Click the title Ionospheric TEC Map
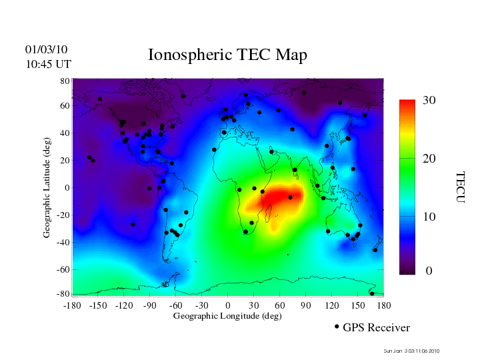click(x=227, y=55)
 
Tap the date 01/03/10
click(x=46, y=49)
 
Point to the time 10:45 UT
click(x=47, y=64)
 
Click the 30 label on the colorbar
click(x=429, y=100)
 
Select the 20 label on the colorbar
click(x=429, y=161)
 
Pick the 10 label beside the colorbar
click(x=429, y=217)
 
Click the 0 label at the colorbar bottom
click(x=429, y=271)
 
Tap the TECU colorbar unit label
click(x=460, y=187)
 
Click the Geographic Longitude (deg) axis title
click(x=227, y=316)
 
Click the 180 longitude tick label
click(x=384, y=305)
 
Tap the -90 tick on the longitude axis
click(x=150, y=305)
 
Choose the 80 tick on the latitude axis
click(x=65, y=81)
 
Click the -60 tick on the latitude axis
click(x=64, y=269)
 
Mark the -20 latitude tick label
click(x=64, y=215)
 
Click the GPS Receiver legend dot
click(x=337, y=327)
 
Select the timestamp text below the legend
click(x=411, y=351)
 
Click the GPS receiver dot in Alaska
click(x=100, y=99)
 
